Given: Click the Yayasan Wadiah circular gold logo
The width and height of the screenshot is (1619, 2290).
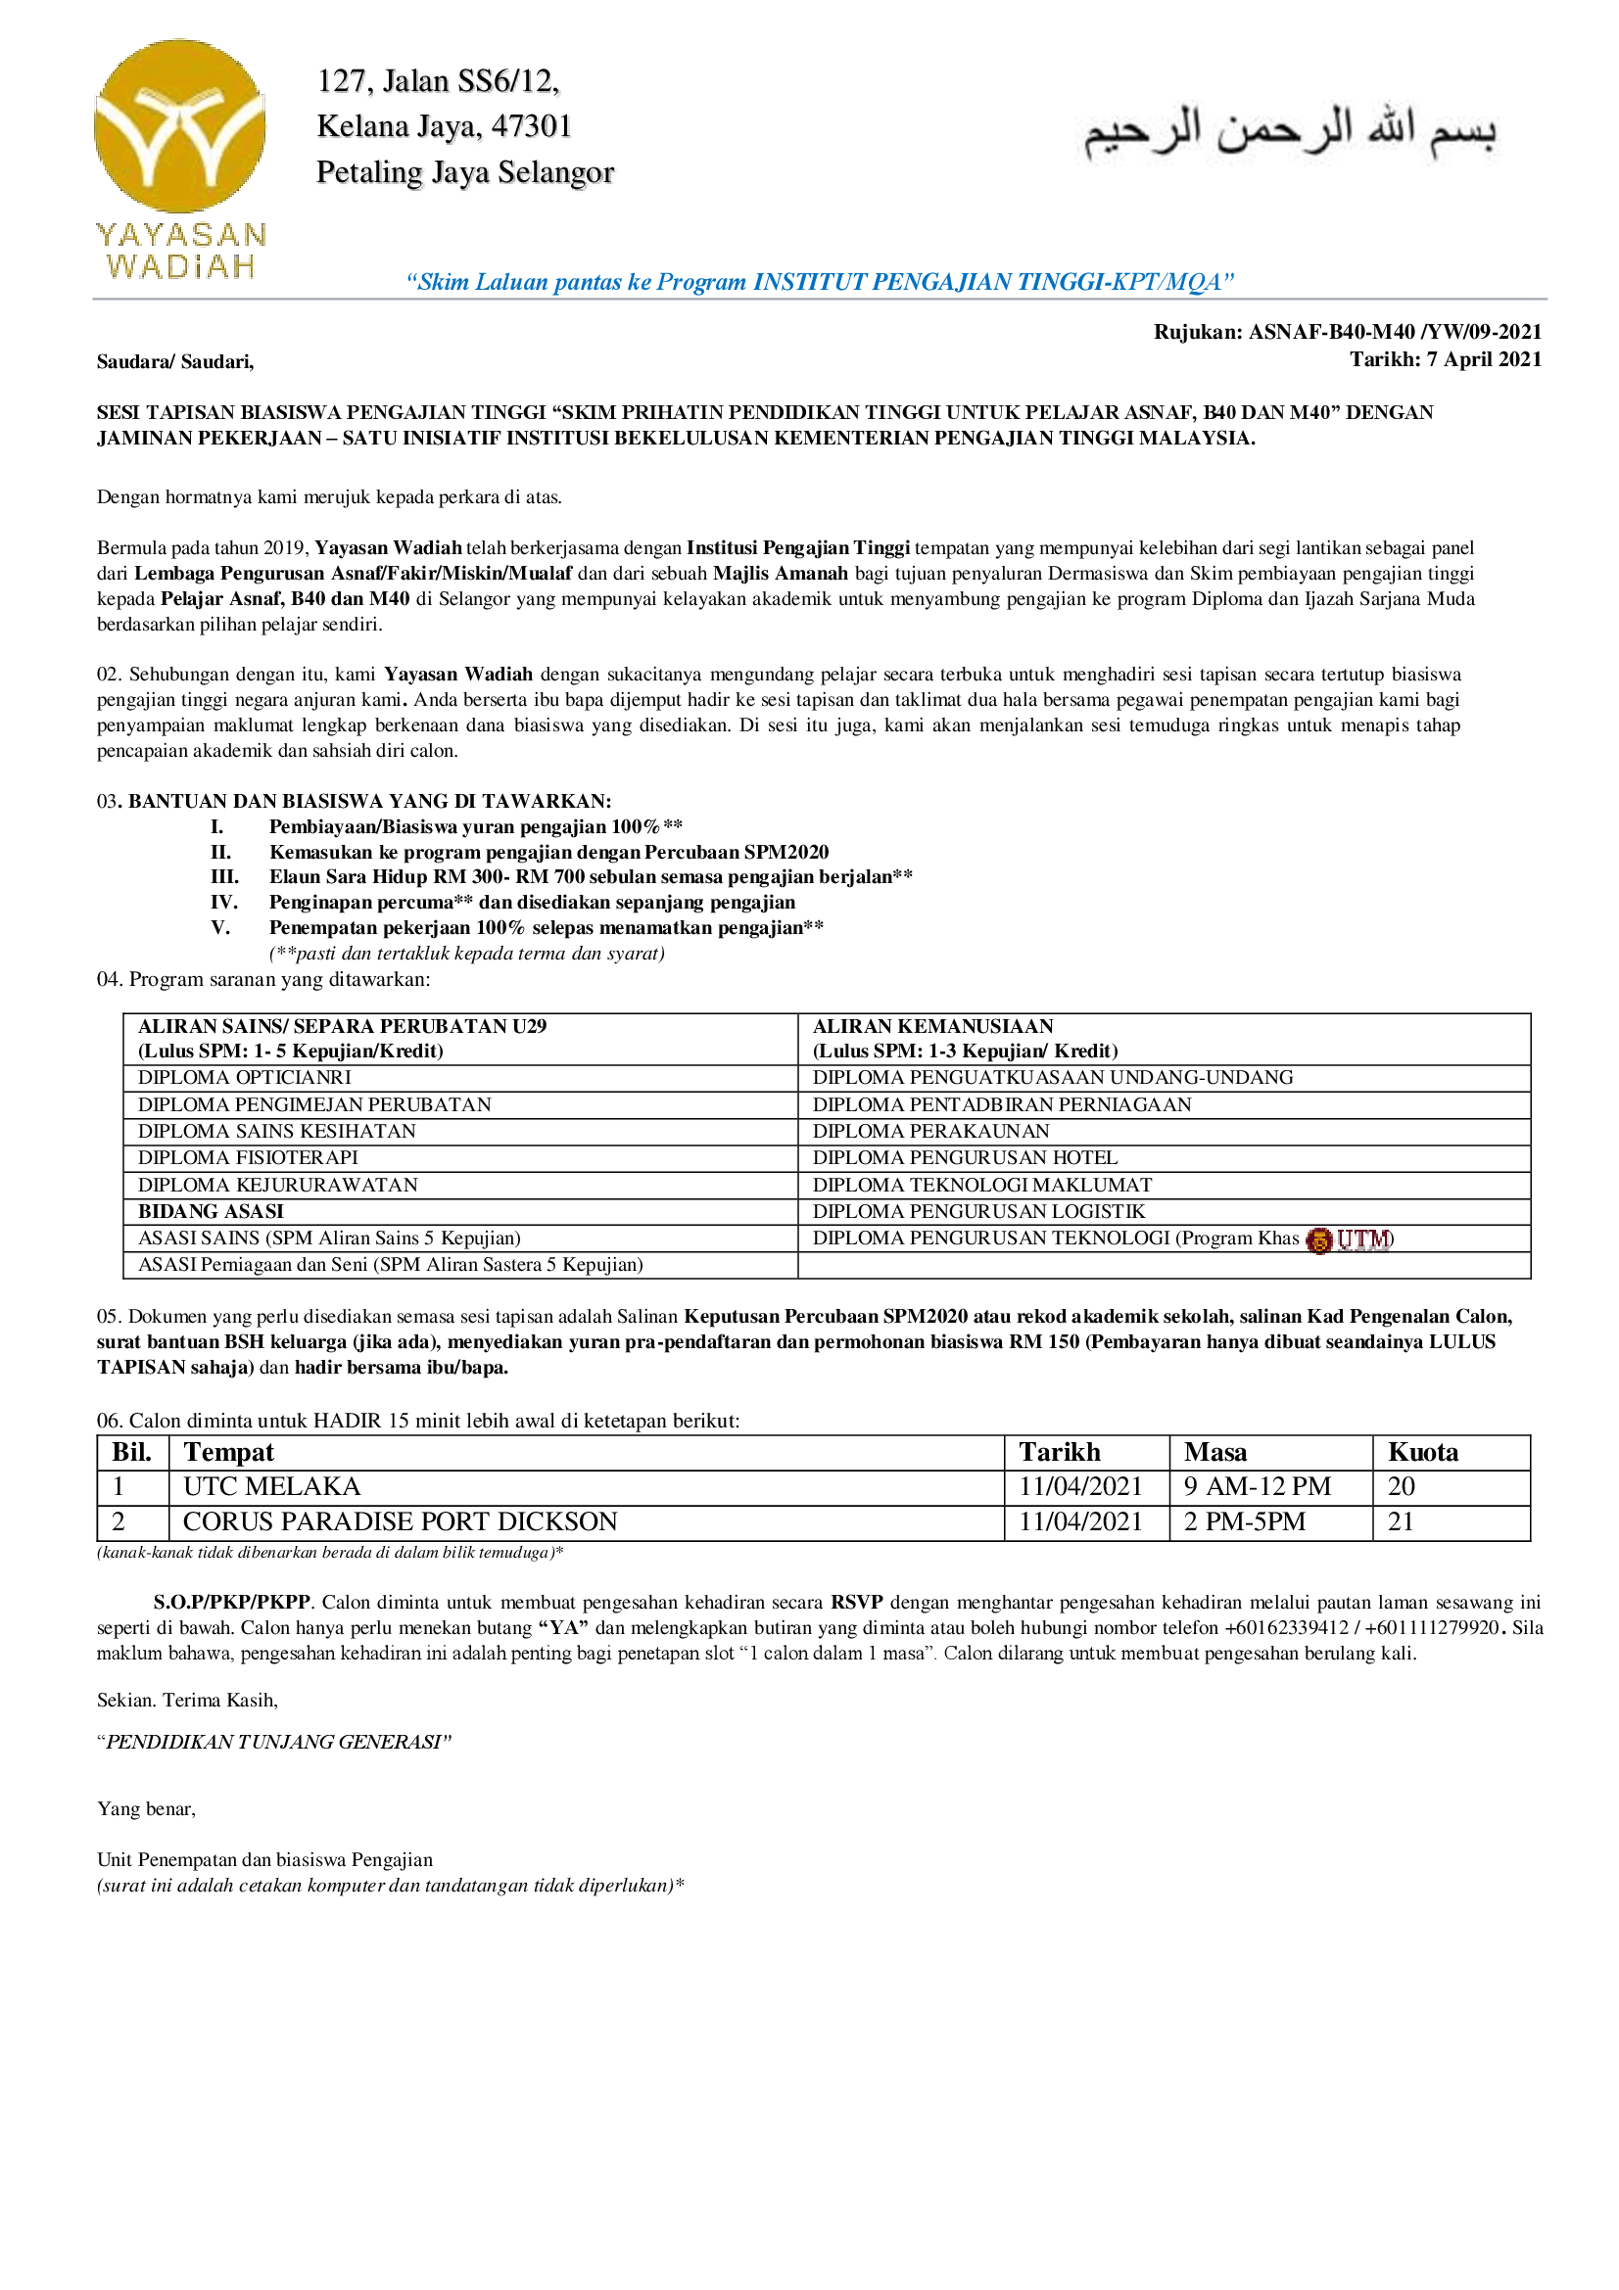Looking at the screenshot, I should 179,125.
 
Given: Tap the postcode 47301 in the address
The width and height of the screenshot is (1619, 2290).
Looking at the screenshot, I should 531,126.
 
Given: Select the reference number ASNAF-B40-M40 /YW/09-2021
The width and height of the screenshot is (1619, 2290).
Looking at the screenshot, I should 1395,332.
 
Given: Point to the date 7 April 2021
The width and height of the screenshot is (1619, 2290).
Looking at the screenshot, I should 1481,359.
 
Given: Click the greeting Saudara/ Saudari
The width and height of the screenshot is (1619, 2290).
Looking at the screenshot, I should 175,362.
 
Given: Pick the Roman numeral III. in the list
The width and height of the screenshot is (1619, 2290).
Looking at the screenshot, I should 224,876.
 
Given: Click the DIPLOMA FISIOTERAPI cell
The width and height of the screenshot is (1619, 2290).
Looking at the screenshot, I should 249,1157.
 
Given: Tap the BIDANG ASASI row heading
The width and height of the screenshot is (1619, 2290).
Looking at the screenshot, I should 211,1211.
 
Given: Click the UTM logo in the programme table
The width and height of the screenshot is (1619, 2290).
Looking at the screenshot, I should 1352,1239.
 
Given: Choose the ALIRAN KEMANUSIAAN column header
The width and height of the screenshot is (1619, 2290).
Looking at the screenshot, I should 932,1026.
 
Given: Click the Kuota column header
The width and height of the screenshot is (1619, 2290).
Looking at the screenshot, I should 1422,1452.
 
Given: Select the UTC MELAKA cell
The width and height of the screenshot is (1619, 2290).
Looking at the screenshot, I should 271,1487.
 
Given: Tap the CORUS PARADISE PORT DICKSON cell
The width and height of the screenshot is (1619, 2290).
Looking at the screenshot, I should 400,1522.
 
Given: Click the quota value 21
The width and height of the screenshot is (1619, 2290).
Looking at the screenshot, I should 1401,1522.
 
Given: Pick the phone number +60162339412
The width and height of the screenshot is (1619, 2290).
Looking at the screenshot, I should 1286,1628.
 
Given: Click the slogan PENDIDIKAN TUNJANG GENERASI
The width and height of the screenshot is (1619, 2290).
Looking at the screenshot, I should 274,1743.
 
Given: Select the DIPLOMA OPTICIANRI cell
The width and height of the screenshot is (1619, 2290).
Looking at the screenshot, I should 246,1077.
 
